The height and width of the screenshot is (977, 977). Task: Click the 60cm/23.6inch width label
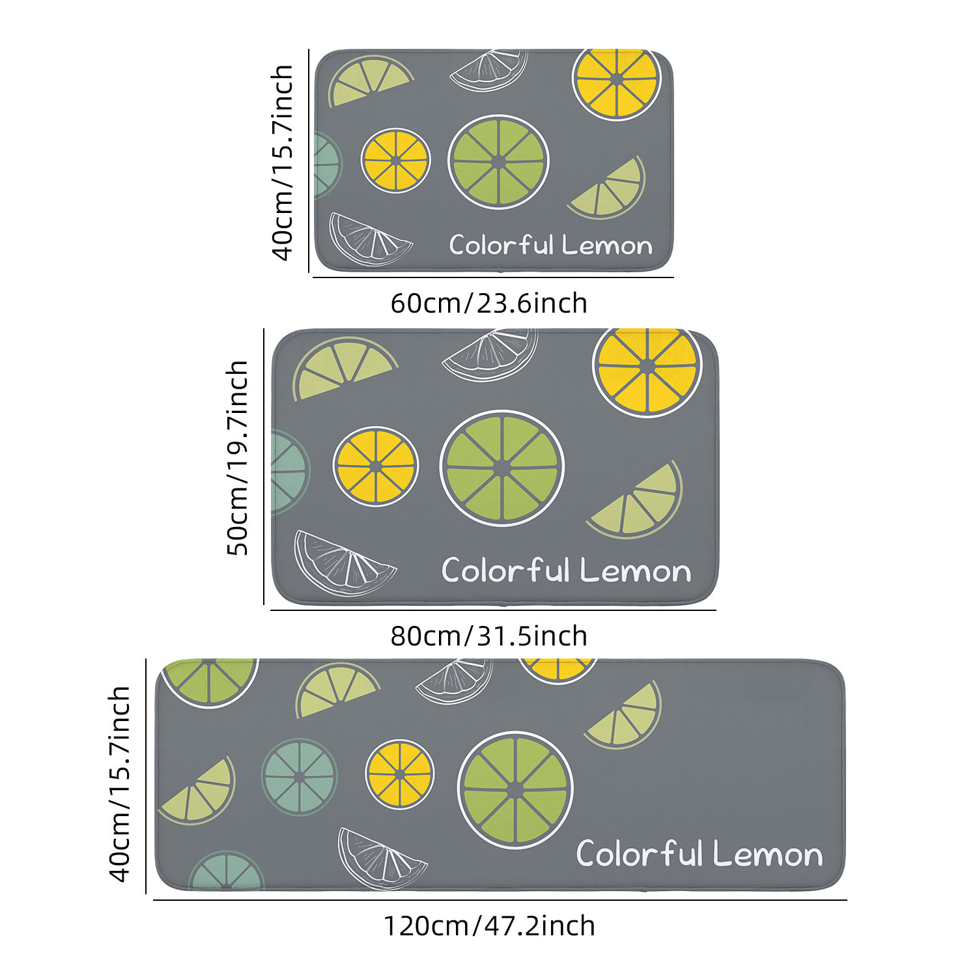coord(488,304)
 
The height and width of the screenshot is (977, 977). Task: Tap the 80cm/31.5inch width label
coord(488,636)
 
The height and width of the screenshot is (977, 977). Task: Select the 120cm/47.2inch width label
coord(488,926)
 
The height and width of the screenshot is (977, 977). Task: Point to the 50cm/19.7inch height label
coord(238,458)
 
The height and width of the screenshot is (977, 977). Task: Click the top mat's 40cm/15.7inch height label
coord(282,162)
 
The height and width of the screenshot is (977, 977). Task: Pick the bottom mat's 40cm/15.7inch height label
coord(120,784)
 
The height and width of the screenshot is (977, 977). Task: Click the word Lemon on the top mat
coord(606,246)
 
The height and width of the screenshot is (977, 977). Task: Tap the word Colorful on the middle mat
coord(505,571)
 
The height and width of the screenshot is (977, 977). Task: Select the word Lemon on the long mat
coord(767,854)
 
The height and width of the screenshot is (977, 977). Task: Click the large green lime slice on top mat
coord(498,162)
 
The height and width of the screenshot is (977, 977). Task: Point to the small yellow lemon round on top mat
coord(395,160)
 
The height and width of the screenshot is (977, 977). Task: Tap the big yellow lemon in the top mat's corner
coord(616,82)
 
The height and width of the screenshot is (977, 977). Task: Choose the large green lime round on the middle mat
coord(502,468)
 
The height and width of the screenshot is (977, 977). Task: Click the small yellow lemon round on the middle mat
coord(376,466)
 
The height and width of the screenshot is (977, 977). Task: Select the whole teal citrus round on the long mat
coord(299,777)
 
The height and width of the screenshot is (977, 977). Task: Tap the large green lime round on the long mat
coord(515,789)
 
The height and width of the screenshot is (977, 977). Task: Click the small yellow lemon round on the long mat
coord(399,774)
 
